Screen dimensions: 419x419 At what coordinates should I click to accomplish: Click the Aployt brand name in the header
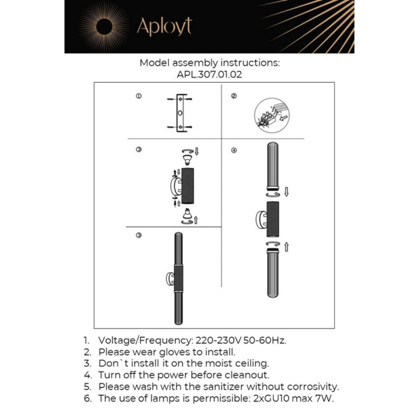pyautogui.click(x=163, y=26)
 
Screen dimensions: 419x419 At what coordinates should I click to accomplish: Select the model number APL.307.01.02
pyautogui.click(x=209, y=75)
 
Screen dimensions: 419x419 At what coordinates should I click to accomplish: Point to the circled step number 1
pyautogui.click(x=139, y=96)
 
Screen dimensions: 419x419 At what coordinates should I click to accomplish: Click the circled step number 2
pyautogui.click(x=234, y=96)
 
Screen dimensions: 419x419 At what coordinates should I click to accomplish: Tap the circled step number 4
pyautogui.click(x=234, y=150)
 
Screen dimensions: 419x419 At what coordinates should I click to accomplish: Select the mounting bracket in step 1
pyautogui.click(x=180, y=113)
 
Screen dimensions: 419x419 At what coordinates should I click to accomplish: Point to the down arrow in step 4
pyautogui.click(x=286, y=192)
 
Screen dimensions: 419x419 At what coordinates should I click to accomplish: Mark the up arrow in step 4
pyautogui.click(x=286, y=246)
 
